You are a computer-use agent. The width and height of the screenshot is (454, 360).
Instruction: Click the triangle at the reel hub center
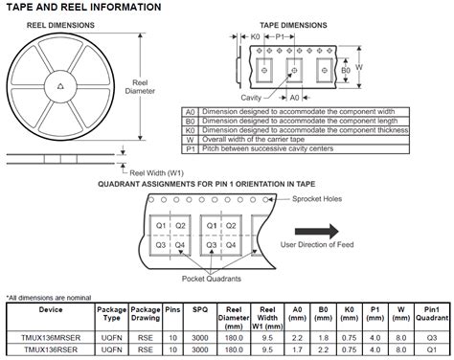point(60,86)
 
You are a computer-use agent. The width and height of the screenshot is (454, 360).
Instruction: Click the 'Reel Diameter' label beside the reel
point(140,87)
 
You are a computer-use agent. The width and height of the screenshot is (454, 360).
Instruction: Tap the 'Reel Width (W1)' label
point(156,173)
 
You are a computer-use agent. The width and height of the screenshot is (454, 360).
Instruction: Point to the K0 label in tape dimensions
point(255,37)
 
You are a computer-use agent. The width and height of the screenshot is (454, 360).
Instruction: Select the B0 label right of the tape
point(346,70)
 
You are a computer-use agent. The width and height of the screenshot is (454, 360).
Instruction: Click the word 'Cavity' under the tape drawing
point(251,98)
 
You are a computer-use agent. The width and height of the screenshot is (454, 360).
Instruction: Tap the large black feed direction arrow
point(317,232)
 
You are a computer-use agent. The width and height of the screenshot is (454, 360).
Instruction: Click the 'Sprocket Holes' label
point(317,199)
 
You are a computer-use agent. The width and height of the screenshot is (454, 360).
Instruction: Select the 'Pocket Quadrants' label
point(212,279)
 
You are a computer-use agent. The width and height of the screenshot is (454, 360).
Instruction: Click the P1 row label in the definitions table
point(191,149)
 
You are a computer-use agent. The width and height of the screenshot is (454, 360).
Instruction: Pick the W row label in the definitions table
point(191,140)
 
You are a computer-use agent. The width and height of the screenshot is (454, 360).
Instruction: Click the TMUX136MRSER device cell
point(51,338)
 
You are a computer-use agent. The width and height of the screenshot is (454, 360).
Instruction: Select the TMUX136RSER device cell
point(51,349)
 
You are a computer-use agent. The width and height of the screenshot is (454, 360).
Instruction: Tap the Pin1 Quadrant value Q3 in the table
point(432,338)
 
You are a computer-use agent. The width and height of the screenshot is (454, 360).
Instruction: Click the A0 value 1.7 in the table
point(297,349)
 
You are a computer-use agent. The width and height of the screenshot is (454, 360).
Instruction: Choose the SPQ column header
point(200,309)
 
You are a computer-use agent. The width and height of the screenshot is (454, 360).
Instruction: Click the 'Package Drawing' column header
point(146,314)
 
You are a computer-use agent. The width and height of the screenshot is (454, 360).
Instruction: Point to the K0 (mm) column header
point(350,314)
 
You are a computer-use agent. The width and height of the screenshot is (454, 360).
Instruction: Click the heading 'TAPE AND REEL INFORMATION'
point(83,7)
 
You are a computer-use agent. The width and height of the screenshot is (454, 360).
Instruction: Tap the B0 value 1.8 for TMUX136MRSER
point(323,338)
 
